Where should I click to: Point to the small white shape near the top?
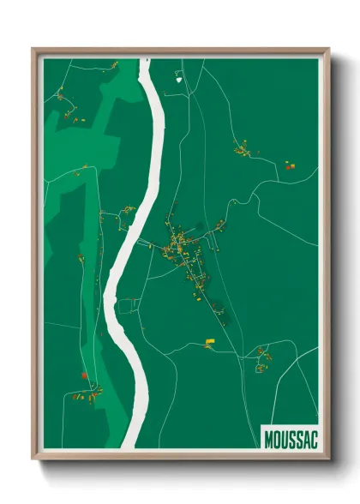[x=179, y=79]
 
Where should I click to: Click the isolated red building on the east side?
[x=289, y=164]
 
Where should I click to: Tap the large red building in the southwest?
[x=83, y=375]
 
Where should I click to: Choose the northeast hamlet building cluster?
[x=244, y=152]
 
